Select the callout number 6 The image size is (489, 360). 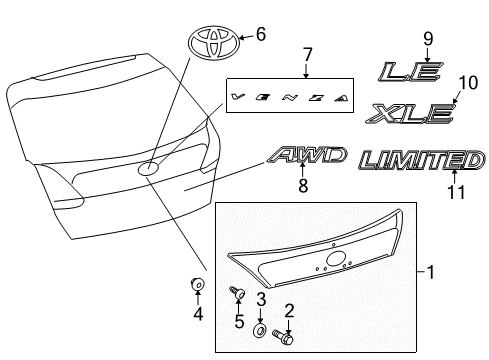[261, 35]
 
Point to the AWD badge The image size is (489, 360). [308, 155]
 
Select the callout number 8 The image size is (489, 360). [304, 185]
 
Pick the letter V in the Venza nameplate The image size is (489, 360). [237, 96]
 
